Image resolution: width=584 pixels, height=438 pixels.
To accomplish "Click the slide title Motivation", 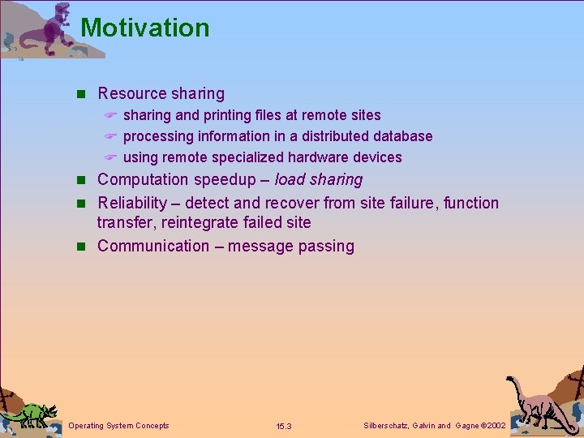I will (x=145, y=28).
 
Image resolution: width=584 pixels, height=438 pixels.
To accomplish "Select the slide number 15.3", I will (x=283, y=427).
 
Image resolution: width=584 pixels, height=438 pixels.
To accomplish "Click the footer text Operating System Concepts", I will (x=119, y=426).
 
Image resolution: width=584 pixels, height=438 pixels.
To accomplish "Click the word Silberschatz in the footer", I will (x=384, y=426).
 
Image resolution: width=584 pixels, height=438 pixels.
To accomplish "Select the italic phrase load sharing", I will (x=319, y=179).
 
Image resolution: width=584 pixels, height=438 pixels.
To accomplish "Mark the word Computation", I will (x=141, y=179).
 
